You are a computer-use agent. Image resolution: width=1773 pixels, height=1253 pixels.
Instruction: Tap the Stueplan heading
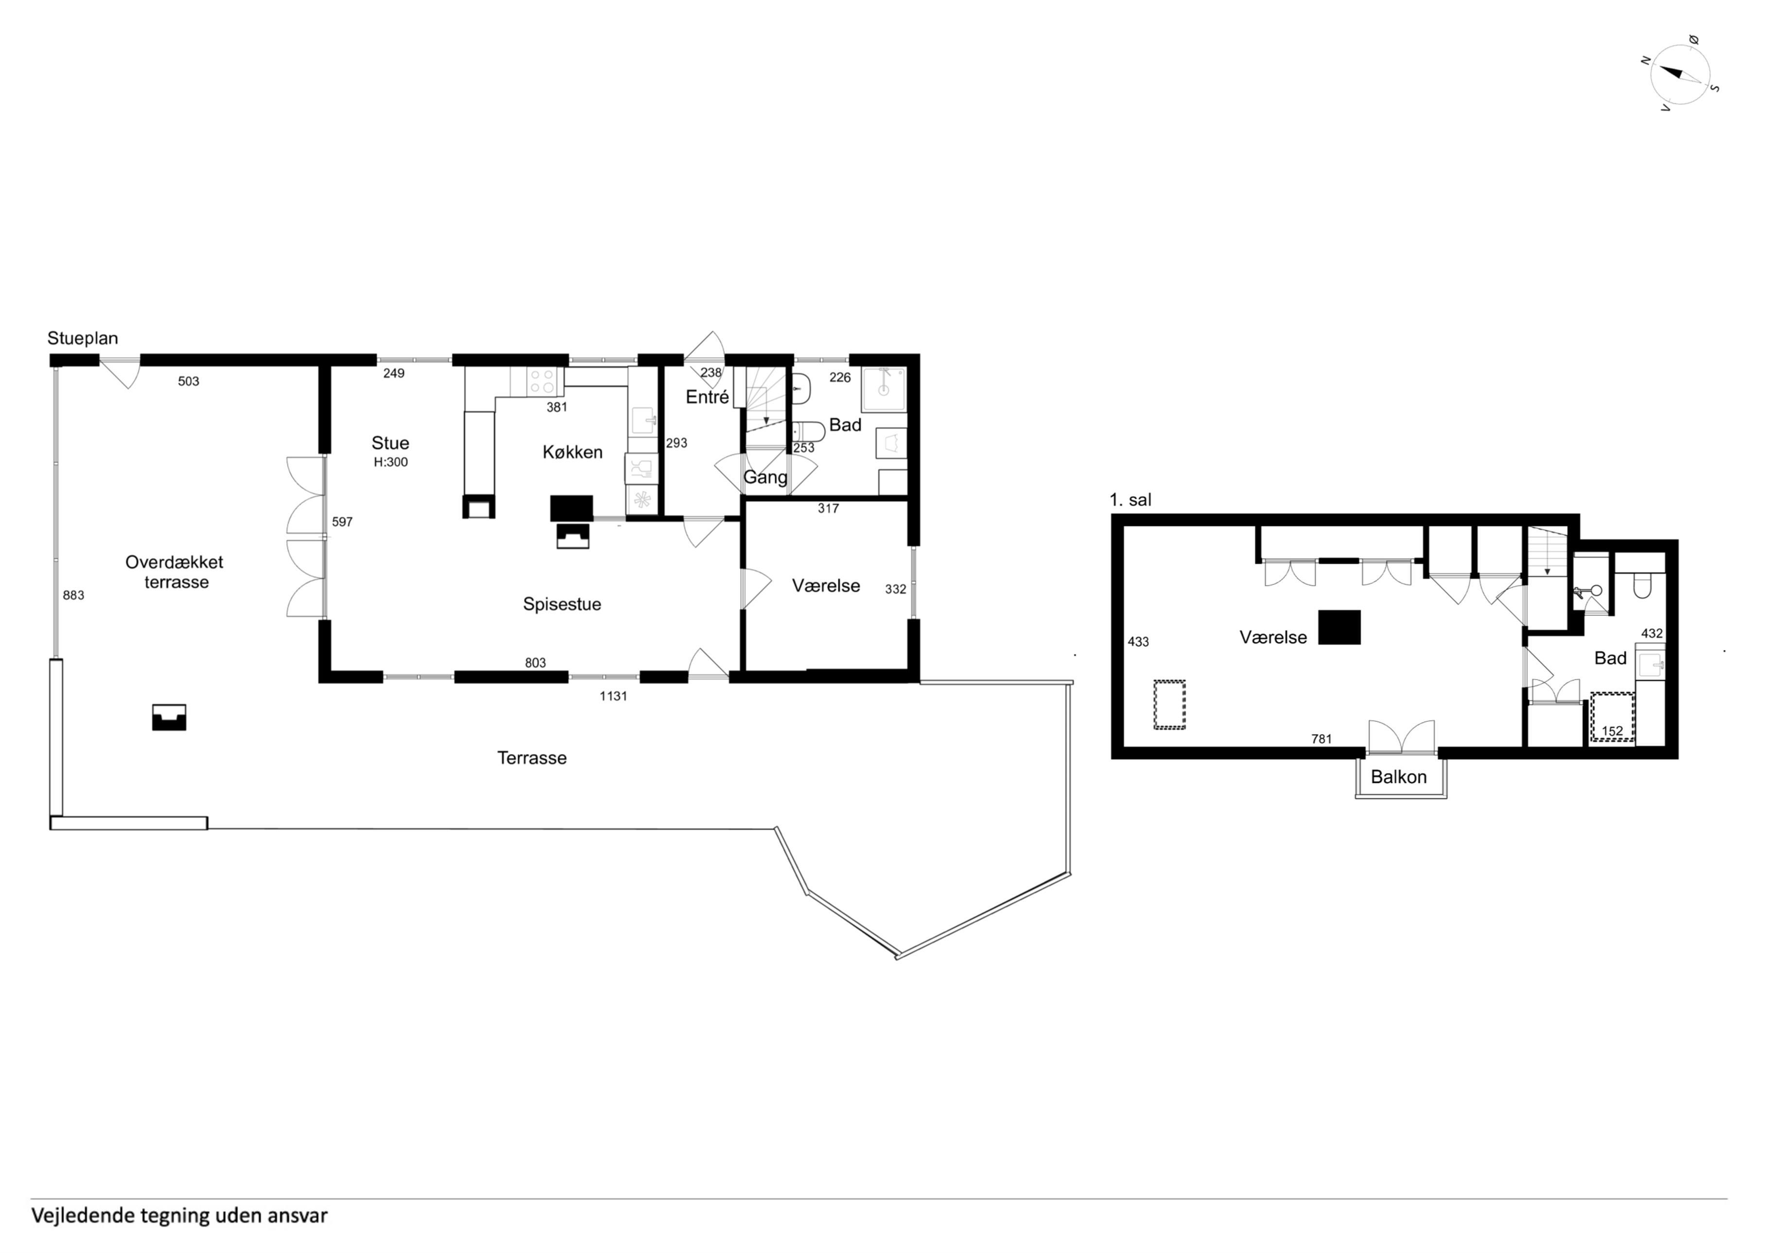tap(83, 338)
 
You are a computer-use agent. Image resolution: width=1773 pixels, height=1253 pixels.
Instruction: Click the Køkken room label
tap(572, 452)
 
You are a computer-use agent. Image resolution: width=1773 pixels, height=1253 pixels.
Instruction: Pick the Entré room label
tap(707, 397)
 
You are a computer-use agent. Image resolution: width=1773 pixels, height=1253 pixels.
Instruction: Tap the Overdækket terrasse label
tap(175, 572)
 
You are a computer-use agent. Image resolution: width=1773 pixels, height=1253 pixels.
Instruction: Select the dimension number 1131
tap(613, 696)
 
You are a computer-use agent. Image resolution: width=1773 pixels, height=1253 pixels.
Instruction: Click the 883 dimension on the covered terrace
tap(73, 595)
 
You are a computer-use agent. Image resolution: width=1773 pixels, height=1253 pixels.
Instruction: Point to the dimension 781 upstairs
tap(1321, 739)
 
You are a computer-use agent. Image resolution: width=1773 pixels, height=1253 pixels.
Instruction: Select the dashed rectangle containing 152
tap(1612, 717)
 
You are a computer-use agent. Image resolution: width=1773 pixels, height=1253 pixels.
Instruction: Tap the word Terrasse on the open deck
tap(532, 758)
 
